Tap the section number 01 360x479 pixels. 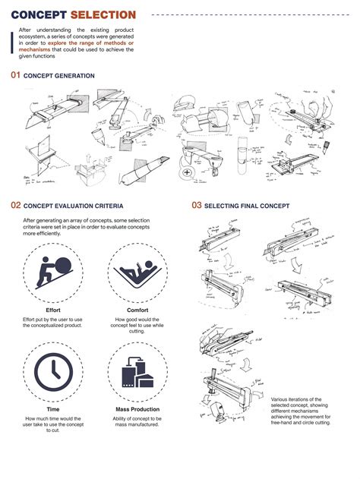(x=15, y=75)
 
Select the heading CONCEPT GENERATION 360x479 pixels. (x=59, y=76)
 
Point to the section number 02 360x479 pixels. (x=15, y=205)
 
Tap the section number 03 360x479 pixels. (x=196, y=205)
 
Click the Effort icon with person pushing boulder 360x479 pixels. (x=52, y=276)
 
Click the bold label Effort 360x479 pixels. (x=52, y=310)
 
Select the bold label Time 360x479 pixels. (x=52, y=409)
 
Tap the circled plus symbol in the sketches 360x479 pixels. (x=185, y=173)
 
